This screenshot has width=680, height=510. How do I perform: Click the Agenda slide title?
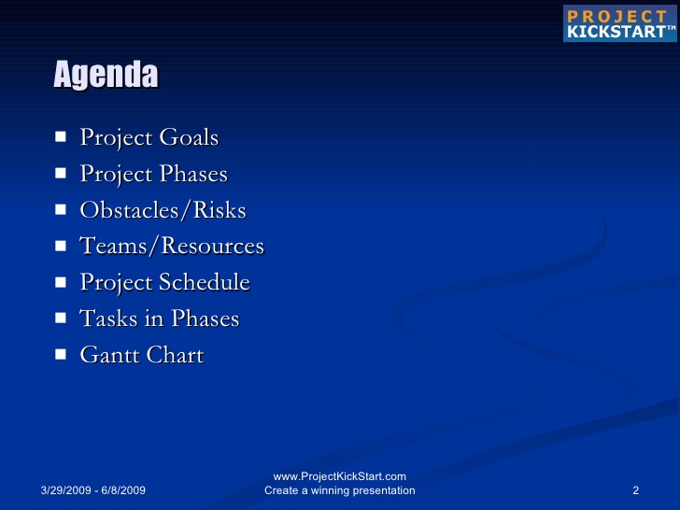106,75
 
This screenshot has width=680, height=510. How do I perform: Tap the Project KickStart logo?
619,23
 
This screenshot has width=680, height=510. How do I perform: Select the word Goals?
189,137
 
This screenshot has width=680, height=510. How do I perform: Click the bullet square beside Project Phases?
61,174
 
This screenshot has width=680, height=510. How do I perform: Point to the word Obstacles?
129,210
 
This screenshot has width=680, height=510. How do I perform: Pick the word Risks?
220,210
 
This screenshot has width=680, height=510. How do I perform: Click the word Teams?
114,246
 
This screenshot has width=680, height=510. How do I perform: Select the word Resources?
213,246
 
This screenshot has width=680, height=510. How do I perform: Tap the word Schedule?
205,282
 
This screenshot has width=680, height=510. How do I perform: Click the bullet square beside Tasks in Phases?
61,319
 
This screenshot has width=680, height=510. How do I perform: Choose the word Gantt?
109,355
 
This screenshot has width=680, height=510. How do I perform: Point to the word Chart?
176,355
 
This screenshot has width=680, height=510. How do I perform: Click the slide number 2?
636,490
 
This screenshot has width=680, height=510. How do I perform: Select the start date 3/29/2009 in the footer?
66,490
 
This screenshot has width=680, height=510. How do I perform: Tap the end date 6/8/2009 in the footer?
123,490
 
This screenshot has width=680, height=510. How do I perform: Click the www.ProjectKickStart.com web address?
340,476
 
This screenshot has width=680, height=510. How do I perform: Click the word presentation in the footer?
384,491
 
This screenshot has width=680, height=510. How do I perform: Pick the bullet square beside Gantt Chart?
61,355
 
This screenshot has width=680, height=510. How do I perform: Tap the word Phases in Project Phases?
193,174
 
